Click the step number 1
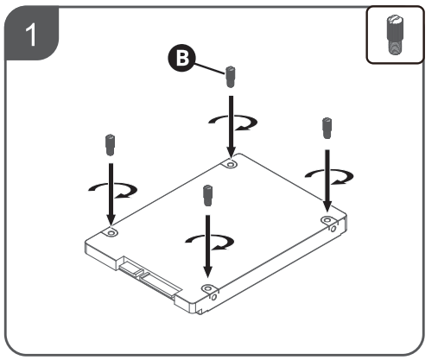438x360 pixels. tap(31, 35)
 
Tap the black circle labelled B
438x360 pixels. tap(181, 58)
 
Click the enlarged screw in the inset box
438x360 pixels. tap(395, 35)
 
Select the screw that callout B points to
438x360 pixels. tap(230, 77)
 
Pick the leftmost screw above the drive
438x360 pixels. tap(110, 145)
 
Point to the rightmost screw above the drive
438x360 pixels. tap(327, 128)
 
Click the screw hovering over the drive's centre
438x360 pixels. tap(207, 196)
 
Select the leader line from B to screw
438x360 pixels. tap(210, 68)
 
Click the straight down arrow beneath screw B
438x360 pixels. tap(231, 127)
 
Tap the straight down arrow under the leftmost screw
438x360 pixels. tap(111, 194)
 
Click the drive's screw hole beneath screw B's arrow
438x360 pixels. tap(231, 164)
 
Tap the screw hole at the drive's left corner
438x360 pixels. tap(111, 232)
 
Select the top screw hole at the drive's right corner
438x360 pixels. tap(327, 220)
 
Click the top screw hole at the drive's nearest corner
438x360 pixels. tap(207, 288)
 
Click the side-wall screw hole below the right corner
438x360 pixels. tap(333, 229)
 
